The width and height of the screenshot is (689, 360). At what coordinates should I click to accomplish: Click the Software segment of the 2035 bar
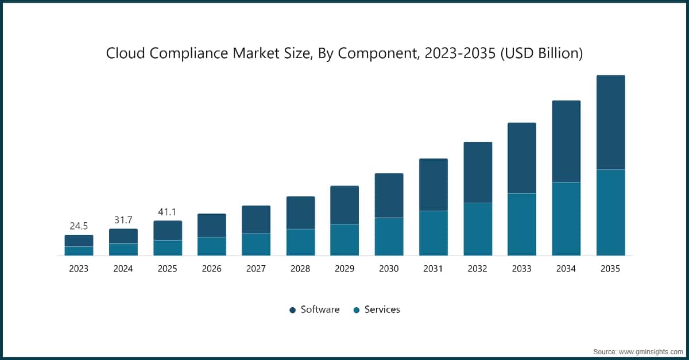pyautogui.click(x=610, y=122)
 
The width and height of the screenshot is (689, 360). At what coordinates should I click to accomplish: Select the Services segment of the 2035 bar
pyautogui.click(x=610, y=212)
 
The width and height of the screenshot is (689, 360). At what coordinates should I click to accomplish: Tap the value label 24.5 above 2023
pyautogui.click(x=79, y=226)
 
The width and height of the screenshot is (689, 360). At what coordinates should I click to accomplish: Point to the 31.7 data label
pyautogui.click(x=123, y=220)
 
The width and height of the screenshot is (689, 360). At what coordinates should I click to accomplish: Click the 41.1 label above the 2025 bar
pyautogui.click(x=167, y=212)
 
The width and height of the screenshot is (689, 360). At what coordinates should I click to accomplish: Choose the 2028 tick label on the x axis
pyautogui.click(x=300, y=269)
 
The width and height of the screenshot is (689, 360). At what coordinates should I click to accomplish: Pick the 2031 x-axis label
pyautogui.click(x=433, y=269)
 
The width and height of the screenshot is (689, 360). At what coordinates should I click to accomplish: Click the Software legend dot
pyautogui.click(x=292, y=310)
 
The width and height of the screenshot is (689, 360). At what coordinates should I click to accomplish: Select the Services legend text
pyautogui.click(x=382, y=309)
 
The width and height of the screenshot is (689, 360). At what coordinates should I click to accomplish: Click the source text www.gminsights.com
pyautogui.click(x=649, y=351)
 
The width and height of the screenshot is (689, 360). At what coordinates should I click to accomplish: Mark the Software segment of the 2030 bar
pyautogui.click(x=389, y=195)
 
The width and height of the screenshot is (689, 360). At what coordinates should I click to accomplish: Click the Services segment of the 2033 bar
pyautogui.click(x=521, y=224)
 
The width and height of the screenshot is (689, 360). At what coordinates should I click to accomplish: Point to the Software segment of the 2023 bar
pyautogui.click(x=79, y=241)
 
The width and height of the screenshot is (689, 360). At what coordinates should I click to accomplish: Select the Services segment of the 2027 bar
pyautogui.click(x=256, y=244)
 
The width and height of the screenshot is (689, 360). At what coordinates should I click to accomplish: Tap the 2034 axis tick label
pyautogui.click(x=566, y=269)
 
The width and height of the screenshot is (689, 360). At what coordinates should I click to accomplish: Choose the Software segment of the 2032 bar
pyautogui.click(x=478, y=172)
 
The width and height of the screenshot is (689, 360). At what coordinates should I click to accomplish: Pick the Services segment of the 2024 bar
pyautogui.click(x=123, y=249)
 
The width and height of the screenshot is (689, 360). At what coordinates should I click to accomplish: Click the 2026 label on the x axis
pyautogui.click(x=211, y=269)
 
